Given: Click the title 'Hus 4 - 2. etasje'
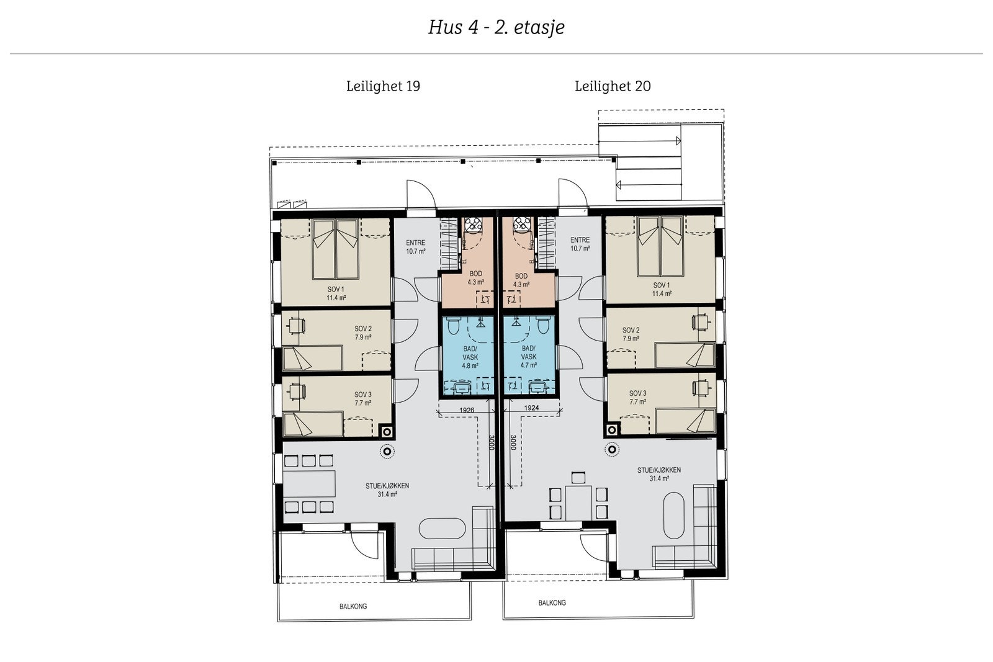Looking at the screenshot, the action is [496, 27].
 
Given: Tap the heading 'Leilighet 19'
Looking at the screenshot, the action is [383, 86].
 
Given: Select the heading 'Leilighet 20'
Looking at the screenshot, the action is [613, 86].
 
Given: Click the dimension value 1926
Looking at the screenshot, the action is [467, 410].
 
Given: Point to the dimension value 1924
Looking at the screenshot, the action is [531, 408].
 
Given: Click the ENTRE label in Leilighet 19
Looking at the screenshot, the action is [416, 243].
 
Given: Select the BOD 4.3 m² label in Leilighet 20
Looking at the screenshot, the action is [521, 280].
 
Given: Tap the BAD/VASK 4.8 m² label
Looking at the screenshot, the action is [470, 357].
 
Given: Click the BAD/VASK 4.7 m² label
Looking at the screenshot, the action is [529, 357].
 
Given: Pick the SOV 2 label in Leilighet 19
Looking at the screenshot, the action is [363, 329].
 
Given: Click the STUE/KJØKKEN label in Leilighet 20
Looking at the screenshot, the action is [659, 470].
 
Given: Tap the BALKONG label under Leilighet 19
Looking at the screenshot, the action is [353, 606].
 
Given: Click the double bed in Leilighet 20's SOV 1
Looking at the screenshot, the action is [660, 246].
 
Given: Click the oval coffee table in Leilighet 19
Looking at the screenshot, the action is [442, 528].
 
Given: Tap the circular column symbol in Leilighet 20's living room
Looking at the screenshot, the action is [612, 449].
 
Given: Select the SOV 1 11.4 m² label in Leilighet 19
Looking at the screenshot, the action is [336, 293].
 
